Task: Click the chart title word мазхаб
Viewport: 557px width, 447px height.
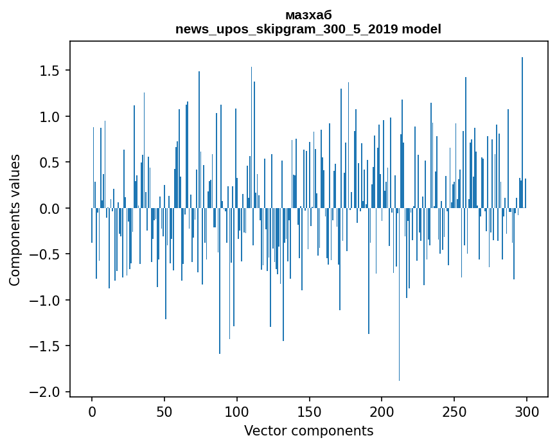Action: (308, 15)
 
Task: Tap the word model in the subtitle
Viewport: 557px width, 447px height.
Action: (425, 29)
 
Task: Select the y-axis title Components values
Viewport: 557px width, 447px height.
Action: (15, 220)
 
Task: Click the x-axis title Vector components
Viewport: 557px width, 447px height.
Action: (308, 431)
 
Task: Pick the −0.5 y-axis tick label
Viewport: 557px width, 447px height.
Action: (47, 254)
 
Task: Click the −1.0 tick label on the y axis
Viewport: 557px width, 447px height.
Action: (47, 301)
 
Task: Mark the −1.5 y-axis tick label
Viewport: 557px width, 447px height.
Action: (47, 346)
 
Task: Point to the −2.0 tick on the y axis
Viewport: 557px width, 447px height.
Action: (47, 392)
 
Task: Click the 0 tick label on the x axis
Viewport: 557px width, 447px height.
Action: (92, 410)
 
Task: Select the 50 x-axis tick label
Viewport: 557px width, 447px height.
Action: (164, 410)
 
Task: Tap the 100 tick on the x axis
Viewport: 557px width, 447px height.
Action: (237, 410)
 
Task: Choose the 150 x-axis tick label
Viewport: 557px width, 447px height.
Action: (310, 410)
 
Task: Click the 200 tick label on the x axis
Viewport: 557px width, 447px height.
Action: (382, 410)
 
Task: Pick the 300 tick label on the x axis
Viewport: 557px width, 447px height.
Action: (527, 410)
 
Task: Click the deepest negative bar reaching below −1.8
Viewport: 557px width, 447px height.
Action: (399, 321)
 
